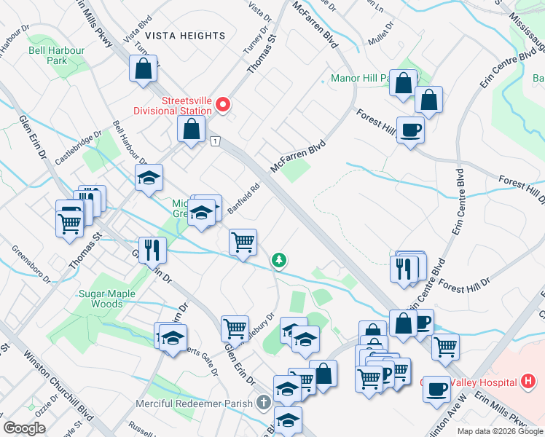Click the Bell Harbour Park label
57,55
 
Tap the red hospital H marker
529,381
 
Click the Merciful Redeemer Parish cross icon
264,403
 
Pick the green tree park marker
278,260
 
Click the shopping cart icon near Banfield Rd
243,242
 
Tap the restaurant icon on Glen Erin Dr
153,249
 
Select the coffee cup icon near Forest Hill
410,129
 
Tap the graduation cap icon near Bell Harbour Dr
149,177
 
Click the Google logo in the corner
24,428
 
